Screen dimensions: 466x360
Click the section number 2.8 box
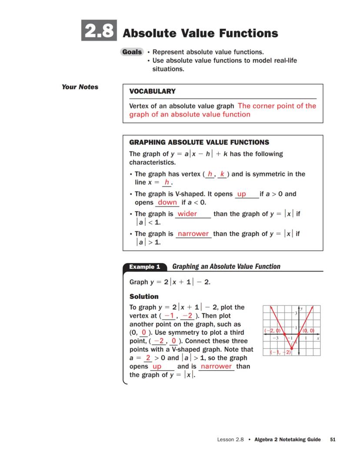(99, 31)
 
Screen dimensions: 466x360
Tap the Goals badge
(132, 52)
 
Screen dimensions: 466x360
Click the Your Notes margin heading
(80, 87)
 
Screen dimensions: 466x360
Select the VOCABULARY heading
(152, 91)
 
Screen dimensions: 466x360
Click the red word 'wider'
(187, 214)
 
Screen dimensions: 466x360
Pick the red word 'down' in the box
(167, 202)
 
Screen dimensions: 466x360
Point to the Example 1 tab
(144, 267)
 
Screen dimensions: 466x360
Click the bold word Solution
(144, 297)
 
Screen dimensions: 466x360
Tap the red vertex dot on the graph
(291, 348)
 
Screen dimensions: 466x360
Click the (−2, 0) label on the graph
(273, 331)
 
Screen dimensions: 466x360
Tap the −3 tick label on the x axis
(275, 338)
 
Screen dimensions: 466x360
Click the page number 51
(333, 439)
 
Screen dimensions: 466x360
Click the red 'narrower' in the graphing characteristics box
(193, 234)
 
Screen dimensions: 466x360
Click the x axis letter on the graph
(318, 338)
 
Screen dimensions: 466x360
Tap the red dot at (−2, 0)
(284, 334)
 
